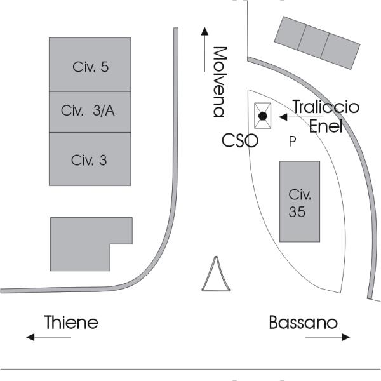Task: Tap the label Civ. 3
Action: (90, 160)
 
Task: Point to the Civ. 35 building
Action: (299, 201)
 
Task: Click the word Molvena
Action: (220, 81)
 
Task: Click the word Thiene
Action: (71, 323)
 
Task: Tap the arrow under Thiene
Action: (48, 338)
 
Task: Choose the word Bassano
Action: (303, 323)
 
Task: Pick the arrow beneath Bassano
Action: (328, 338)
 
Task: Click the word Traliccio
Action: (325, 107)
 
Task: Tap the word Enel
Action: (325, 126)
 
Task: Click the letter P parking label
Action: (292, 142)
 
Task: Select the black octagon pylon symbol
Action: (262, 116)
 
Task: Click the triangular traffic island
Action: (215, 277)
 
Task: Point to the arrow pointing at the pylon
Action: (293, 117)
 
